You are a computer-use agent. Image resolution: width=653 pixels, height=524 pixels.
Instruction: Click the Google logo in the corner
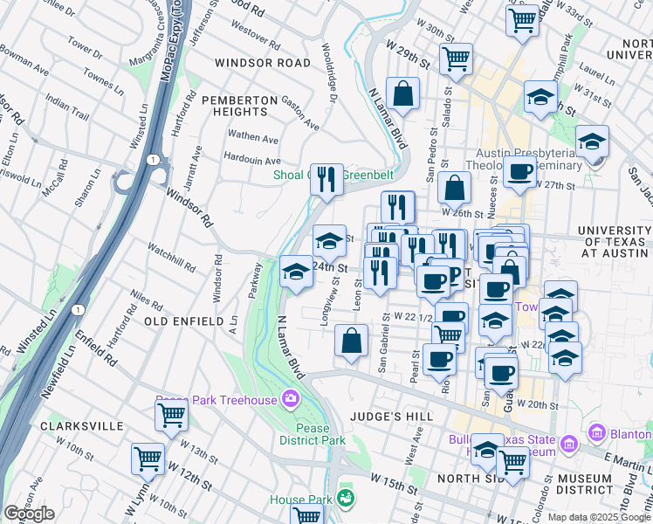[29, 514]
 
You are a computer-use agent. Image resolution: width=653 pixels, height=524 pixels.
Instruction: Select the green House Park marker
[347, 499]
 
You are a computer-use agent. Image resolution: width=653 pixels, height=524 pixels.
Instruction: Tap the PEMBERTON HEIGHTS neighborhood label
[235, 106]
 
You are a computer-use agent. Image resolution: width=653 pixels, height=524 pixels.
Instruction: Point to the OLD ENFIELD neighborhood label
[184, 321]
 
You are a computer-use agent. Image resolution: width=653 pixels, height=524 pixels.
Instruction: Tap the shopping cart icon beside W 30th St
[456, 59]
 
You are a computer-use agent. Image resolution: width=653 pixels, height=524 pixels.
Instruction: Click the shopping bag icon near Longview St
[351, 341]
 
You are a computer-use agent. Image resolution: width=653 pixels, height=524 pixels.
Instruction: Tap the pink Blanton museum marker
[598, 431]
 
